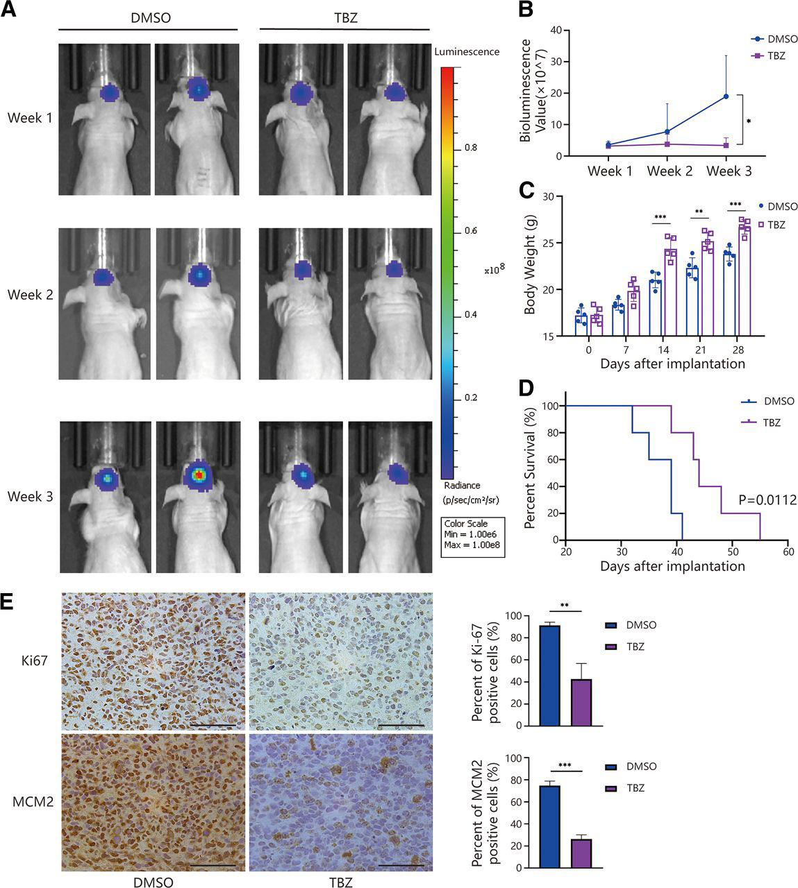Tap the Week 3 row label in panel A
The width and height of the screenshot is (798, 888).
30,497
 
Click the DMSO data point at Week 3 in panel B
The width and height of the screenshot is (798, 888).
726,96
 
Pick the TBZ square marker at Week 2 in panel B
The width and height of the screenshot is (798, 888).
667,144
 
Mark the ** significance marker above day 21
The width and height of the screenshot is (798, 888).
699,211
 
